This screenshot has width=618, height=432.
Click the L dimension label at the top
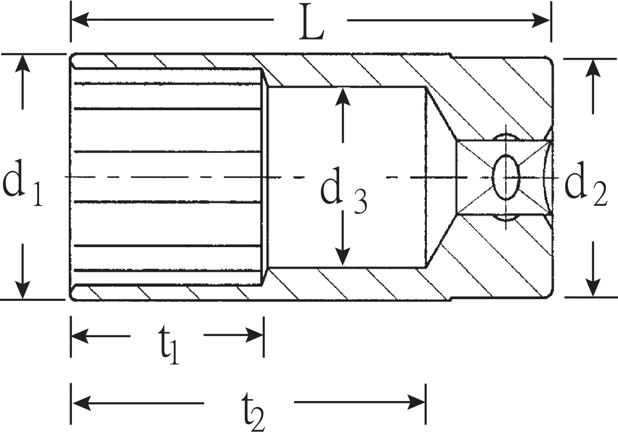click(312, 22)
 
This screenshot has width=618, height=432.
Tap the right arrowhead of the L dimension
click(541, 20)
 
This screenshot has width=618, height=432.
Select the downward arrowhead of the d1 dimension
click(22, 290)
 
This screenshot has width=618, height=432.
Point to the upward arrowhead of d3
click(343, 97)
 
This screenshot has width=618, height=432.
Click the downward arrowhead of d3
click(343, 257)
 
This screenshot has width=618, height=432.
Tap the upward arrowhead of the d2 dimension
click(593, 68)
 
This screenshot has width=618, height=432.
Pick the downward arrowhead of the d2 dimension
click(593, 289)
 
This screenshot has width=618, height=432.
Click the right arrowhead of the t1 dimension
click(255, 335)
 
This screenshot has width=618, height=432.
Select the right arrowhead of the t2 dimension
click(417, 402)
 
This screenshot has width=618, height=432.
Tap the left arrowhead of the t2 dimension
click(81, 403)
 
